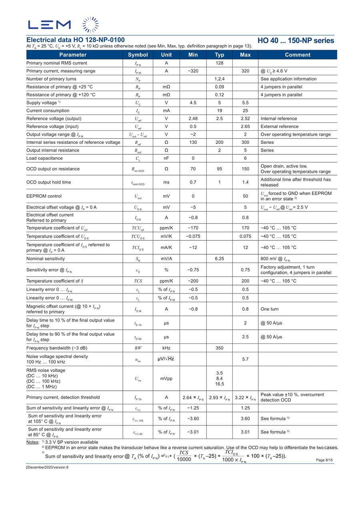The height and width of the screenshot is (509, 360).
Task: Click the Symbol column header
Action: (138, 55)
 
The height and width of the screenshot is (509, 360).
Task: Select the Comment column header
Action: (297, 55)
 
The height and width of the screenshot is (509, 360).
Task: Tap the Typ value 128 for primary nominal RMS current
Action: (219, 63)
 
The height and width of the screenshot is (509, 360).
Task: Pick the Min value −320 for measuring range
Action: (193, 71)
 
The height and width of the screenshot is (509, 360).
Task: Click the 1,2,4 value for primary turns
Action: (219, 79)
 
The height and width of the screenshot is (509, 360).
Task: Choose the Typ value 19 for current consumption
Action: (219, 111)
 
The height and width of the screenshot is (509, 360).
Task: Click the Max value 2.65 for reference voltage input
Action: (245, 126)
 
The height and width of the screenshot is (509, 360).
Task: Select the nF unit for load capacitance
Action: (166, 158)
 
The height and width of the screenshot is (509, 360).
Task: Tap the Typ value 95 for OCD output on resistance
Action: (219, 169)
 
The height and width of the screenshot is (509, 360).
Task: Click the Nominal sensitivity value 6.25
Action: (219, 259)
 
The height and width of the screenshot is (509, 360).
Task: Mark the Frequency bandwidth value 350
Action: (219, 348)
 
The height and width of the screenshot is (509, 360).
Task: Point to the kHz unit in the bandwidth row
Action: (166, 348)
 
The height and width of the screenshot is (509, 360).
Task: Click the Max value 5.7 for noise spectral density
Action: (245, 359)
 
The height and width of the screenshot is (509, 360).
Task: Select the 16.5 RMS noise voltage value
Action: (219, 384)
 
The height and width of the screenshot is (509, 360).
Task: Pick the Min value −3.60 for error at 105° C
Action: (193, 419)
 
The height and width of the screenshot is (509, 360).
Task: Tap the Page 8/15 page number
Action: (324, 460)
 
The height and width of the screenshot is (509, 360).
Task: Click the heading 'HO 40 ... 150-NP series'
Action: (296, 40)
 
